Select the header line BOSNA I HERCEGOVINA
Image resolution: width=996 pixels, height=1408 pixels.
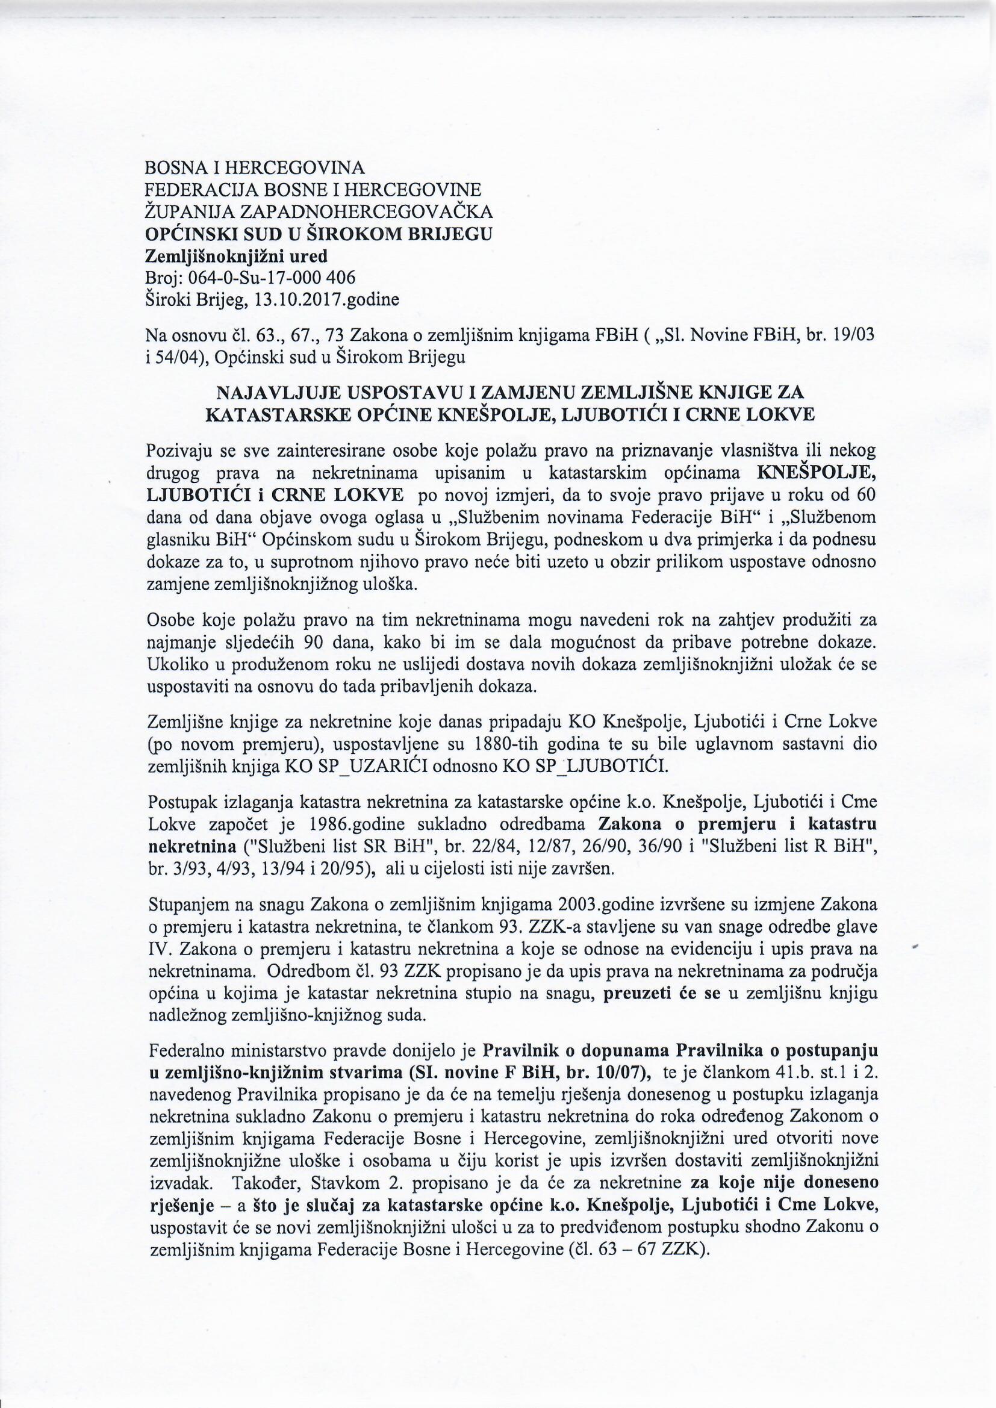point(255,167)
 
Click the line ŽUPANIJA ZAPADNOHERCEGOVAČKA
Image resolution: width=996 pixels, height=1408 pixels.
point(319,211)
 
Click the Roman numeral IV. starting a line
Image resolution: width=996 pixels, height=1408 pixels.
point(156,949)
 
